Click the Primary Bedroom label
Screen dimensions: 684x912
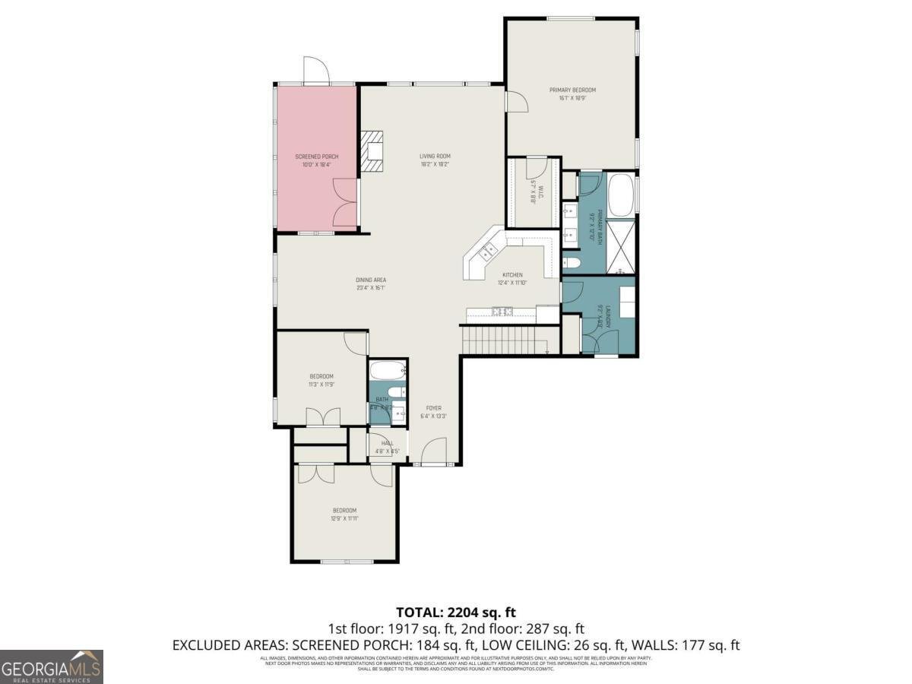[572, 90]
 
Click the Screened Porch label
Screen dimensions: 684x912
[316, 157]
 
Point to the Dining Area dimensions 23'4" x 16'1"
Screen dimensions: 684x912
[371, 288]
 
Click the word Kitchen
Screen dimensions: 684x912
[512, 275]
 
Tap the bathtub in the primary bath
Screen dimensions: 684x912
[621, 195]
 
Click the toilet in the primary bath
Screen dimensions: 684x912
[572, 263]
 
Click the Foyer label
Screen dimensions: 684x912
[433, 408]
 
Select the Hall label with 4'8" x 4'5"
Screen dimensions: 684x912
[388, 443]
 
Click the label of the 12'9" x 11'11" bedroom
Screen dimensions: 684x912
[344, 511]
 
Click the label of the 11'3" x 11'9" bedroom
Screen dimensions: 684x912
[321, 377]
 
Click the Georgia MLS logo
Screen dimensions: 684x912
[52, 667]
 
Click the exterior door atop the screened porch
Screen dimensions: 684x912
[315, 71]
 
